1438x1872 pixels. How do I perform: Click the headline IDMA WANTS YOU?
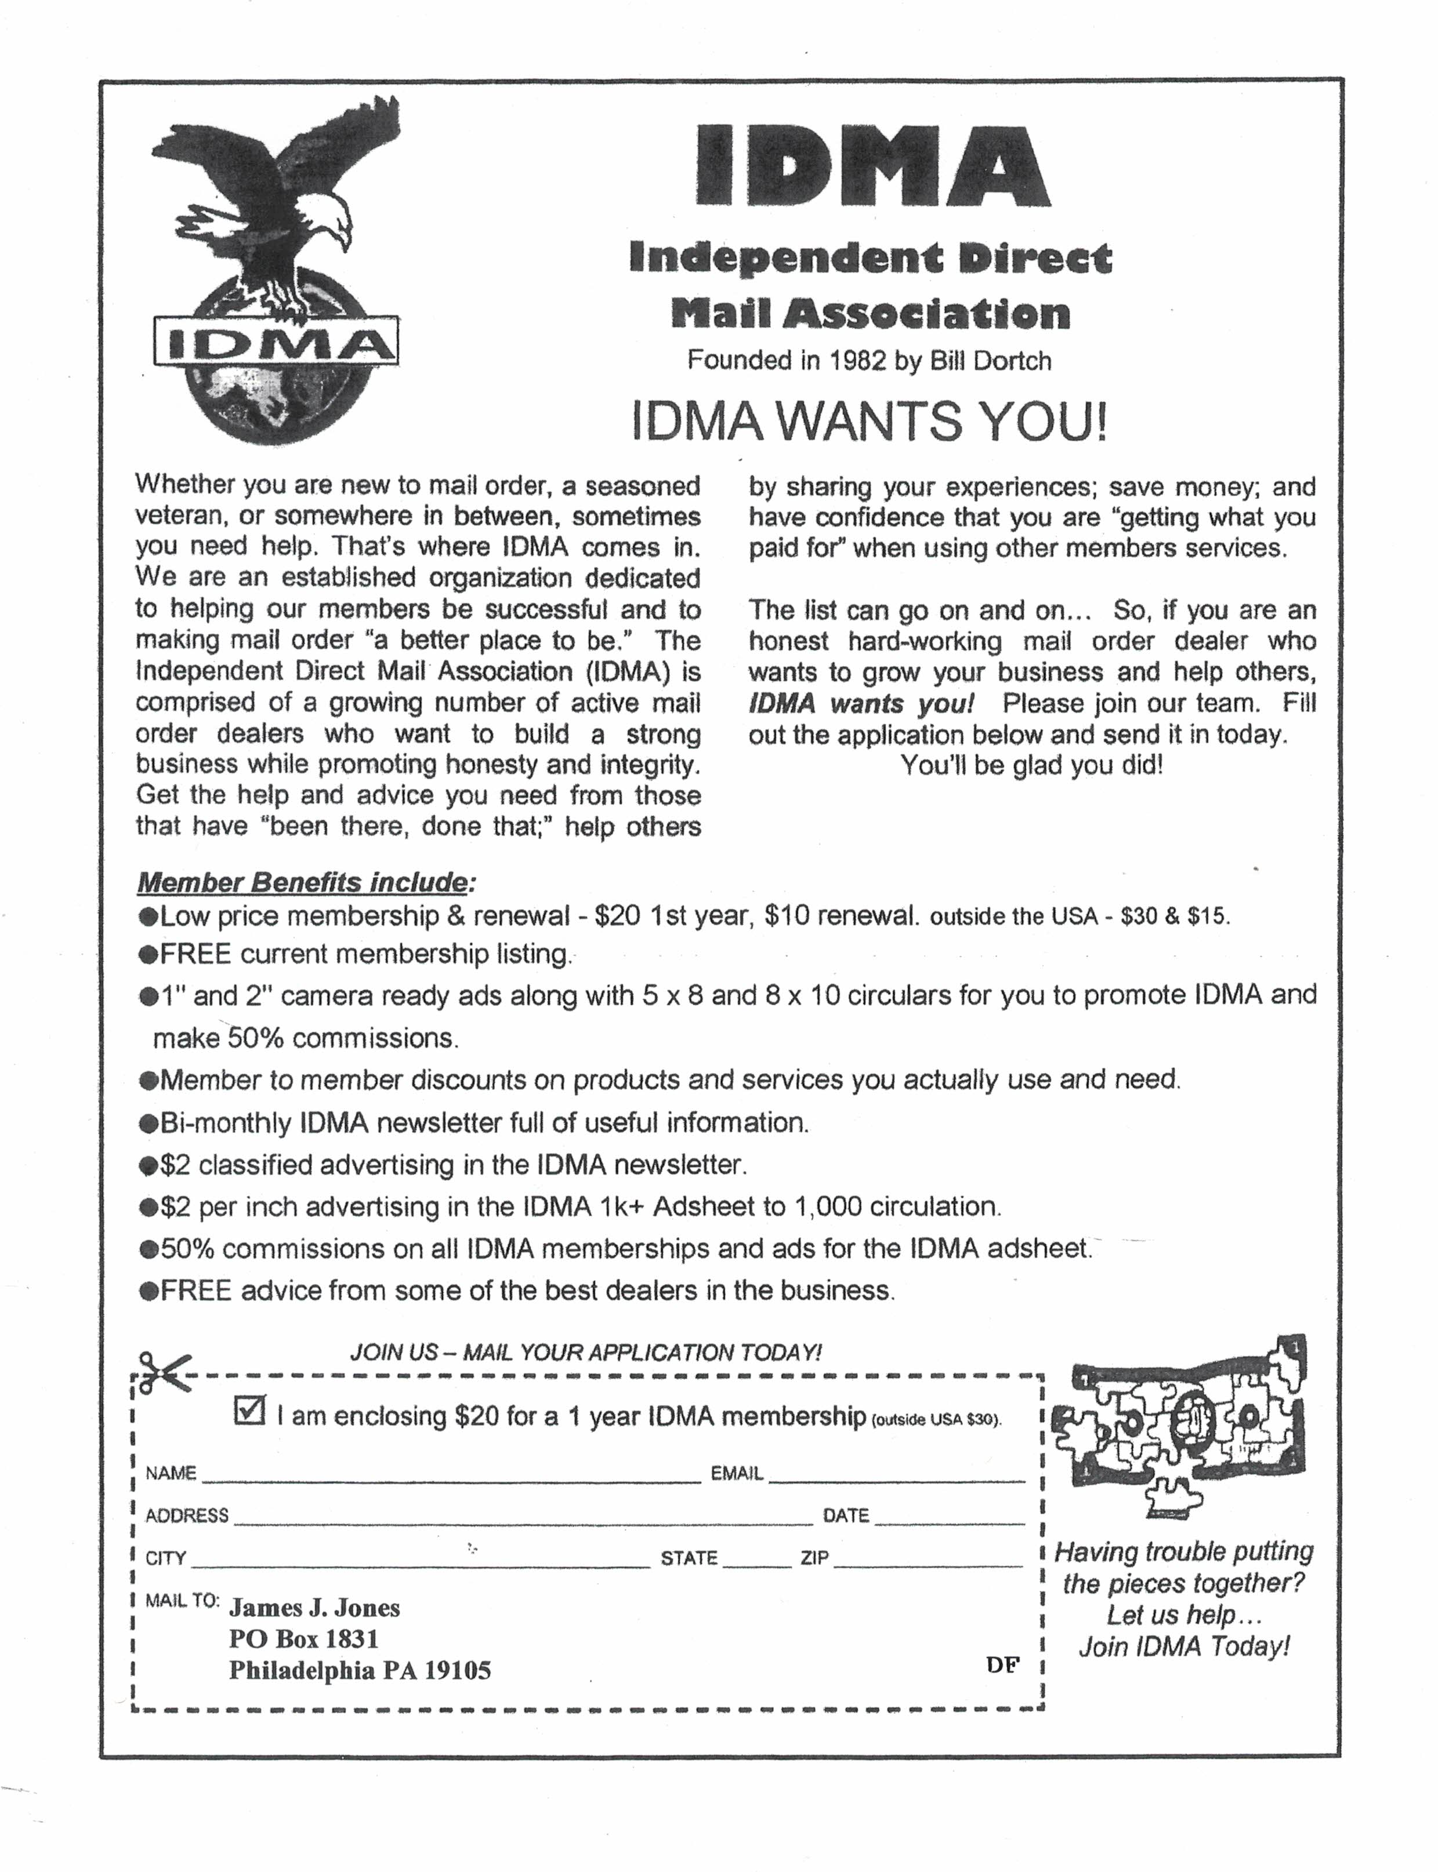[870, 421]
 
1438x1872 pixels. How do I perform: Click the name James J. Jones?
[314, 1608]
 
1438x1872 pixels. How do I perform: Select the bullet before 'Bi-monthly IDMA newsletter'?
[148, 1122]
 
